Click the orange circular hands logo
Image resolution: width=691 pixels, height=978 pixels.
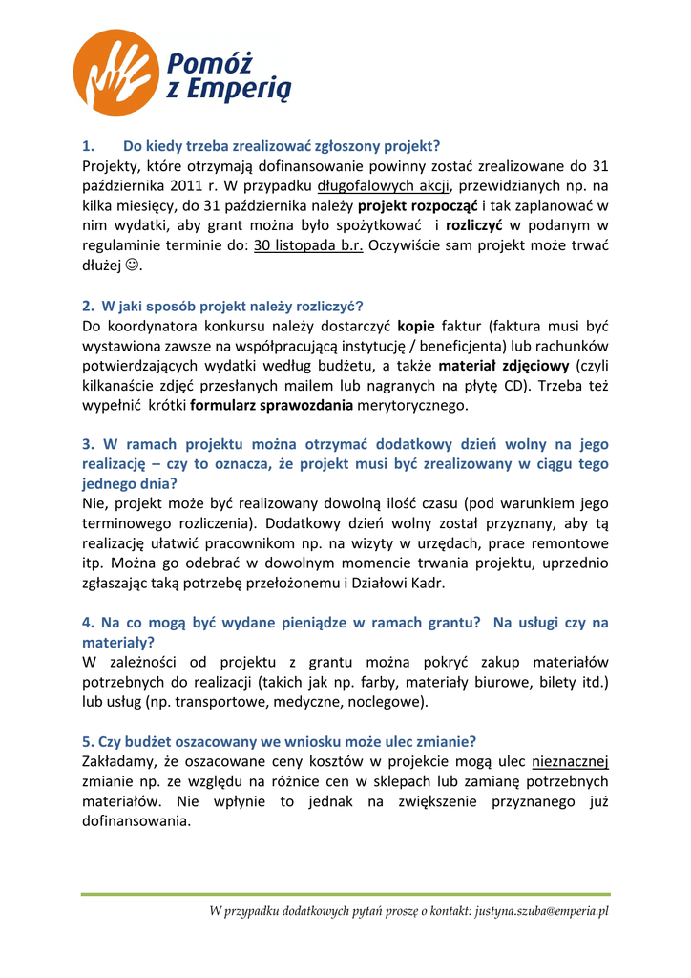click(x=116, y=72)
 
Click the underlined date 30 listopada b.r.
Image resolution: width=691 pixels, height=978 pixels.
click(x=308, y=244)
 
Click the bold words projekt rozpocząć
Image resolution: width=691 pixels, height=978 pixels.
click(x=424, y=205)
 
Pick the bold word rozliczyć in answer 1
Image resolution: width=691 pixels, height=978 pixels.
click(x=475, y=225)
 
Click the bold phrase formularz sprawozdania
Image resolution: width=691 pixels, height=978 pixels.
click(x=272, y=406)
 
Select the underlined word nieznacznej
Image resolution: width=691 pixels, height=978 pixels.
click(x=570, y=762)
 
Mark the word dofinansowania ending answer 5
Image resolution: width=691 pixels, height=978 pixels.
click(x=136, y=821)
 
